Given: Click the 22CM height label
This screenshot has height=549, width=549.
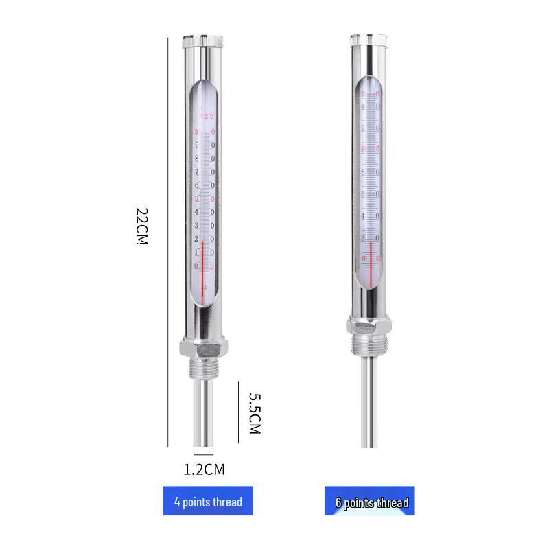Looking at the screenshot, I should point(142,226).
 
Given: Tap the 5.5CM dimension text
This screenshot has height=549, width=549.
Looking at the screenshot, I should point(254,413).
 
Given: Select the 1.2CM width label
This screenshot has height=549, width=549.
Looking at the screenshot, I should point(204,470).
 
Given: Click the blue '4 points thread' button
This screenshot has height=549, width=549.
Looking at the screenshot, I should point(208,501).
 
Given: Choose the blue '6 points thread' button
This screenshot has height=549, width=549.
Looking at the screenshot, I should point(370,502).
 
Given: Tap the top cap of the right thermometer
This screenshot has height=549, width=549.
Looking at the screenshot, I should point(370,40).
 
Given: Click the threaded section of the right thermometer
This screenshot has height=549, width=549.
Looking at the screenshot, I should point(370,342).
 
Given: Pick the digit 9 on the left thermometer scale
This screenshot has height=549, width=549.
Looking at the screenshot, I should point(197,145).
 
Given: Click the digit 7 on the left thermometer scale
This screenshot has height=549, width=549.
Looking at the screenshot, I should point(197,172).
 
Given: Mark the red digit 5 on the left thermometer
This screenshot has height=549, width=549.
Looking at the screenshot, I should point(197,199).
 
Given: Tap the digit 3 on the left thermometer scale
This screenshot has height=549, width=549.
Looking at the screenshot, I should point(197,226).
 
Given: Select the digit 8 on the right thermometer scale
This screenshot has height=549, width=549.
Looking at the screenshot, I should point(363,172).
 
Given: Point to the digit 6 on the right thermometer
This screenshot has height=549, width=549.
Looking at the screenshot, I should point(363,194).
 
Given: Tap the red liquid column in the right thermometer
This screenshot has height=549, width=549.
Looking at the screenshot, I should point(371,261).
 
